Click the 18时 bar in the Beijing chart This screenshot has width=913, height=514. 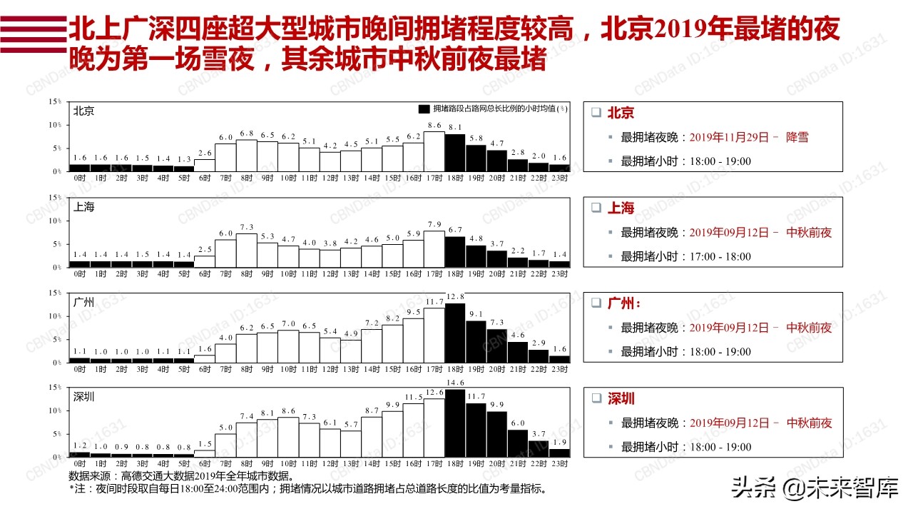tap(455, 153)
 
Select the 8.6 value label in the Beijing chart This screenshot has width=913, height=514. tap(434, 126)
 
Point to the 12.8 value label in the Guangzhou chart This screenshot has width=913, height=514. tap(455, 296)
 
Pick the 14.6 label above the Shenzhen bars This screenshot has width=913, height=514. tap(455, 383)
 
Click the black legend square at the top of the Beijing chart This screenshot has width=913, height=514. tap(424, 109)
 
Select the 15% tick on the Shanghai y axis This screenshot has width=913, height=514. tap(55, 197)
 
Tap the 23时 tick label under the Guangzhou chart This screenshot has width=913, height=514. tap(559, 369)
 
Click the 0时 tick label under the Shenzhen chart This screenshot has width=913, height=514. tap(80, 464)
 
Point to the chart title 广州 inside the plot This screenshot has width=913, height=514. tap(84, 302)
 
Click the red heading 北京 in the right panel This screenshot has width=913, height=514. tap(621, 113)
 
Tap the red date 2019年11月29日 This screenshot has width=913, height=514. tap(729, 137)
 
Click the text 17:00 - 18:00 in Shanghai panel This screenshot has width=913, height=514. tap(720, 256)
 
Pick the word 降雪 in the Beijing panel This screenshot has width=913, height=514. tap(797, 137)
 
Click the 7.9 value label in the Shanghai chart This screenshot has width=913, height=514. tap(434, 226)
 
